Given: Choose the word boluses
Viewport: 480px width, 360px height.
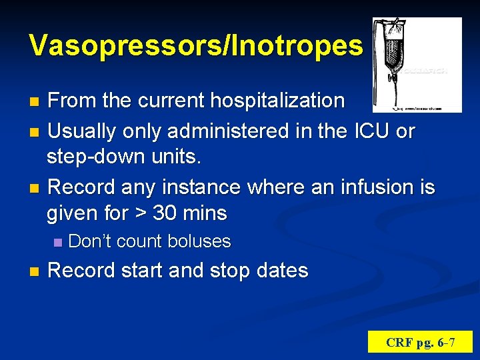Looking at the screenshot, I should point(199,241).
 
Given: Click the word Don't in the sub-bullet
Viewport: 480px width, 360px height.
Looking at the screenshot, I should point(89,241).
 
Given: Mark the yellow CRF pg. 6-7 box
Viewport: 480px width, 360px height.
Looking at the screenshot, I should point(420,343).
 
